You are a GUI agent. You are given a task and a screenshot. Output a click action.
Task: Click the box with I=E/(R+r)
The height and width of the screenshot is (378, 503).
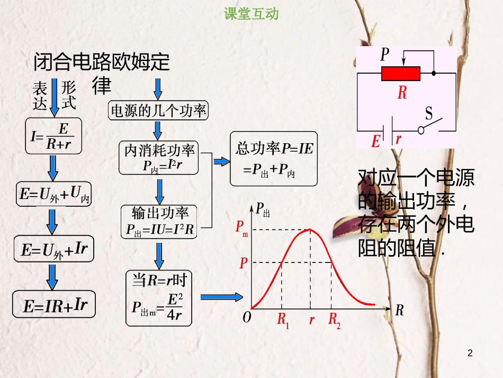[x=52, y=136]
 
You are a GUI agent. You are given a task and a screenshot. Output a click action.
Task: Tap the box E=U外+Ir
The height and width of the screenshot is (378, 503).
[x=54, y=250]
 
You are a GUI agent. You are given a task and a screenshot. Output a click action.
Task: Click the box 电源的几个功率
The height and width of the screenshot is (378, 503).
[x=158, y=111]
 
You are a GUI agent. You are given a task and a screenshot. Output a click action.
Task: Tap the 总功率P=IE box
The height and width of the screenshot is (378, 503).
[x=274, y=159]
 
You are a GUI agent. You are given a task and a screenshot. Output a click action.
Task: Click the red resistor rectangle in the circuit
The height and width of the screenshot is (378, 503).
[x=401, y=74]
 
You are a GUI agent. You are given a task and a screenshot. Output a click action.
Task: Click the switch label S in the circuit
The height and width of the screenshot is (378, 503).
[x=429, y=113]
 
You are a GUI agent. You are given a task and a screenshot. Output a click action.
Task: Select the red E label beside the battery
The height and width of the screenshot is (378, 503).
[x=376, y=141]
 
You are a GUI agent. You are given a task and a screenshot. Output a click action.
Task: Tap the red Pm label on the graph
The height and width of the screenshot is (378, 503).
[x=241, y=228]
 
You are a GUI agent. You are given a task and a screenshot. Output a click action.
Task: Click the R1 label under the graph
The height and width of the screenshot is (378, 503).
[x=283, y=321]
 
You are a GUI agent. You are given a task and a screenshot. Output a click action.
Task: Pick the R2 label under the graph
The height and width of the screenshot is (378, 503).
[x=334, y=321]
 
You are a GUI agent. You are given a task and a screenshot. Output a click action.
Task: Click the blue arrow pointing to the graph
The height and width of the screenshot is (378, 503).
[x=221, y=297]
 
